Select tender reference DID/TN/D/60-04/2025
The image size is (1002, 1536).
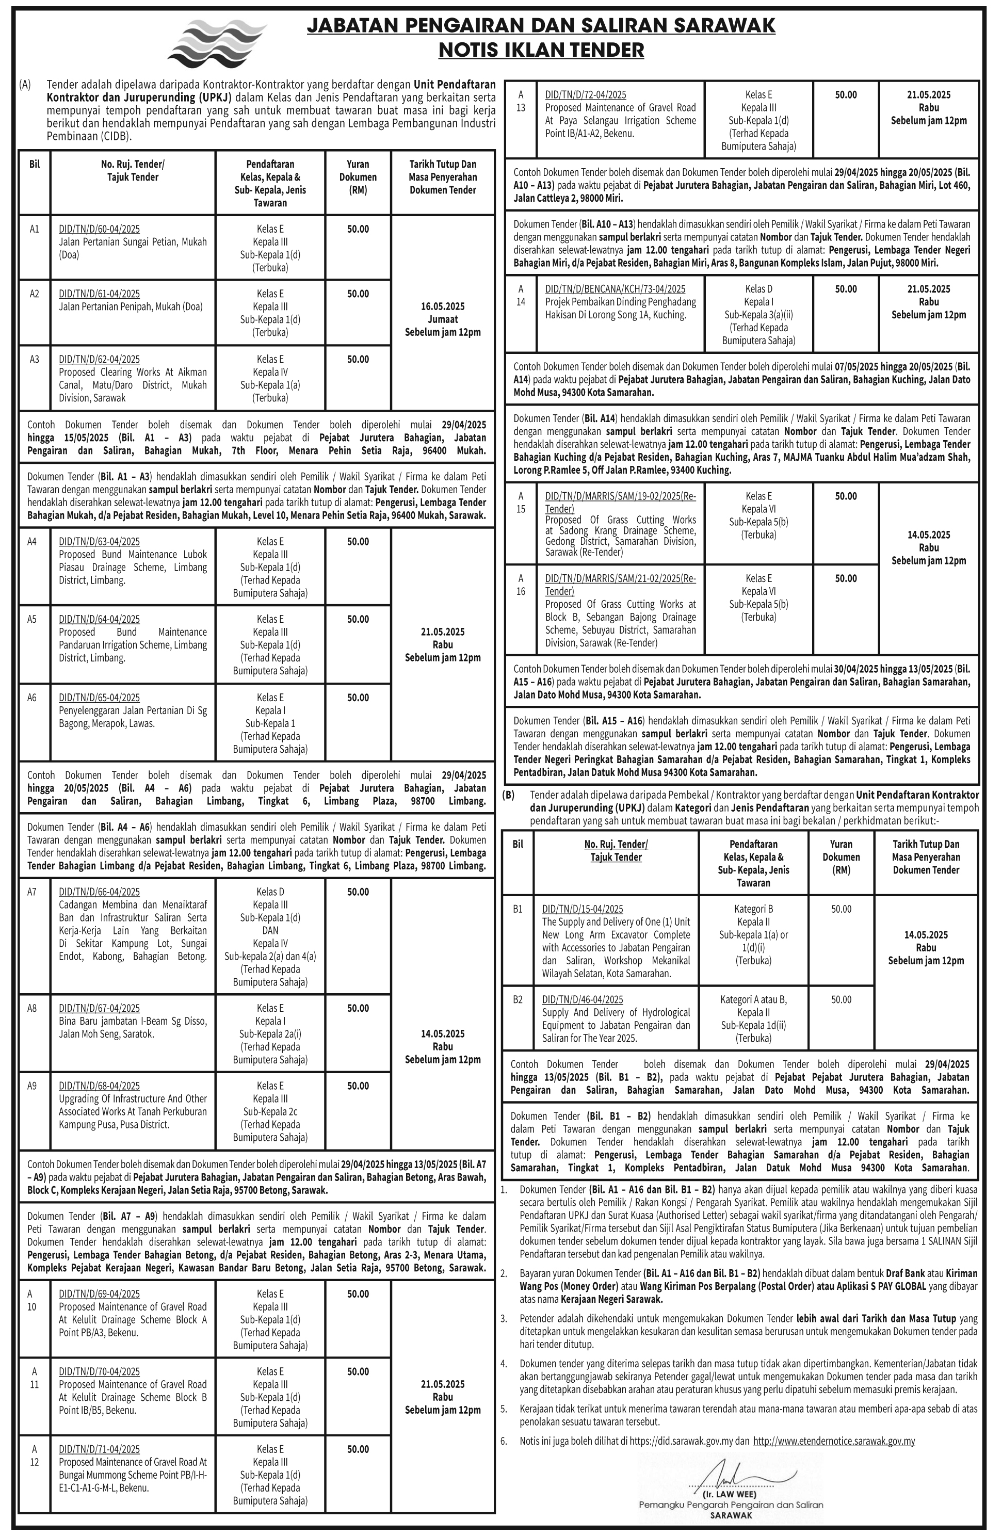[x=99, y=229]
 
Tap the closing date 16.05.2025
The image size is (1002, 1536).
[x=443, y=306]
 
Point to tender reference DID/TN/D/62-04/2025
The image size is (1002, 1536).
[x=99, y=360]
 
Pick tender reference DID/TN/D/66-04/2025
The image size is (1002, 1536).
[x=99, y=892]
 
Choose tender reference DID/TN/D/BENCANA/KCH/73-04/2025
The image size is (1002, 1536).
[x=615, y=289]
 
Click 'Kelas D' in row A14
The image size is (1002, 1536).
[x=759, y=289]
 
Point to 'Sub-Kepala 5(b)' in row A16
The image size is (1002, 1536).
[x=759, y=605]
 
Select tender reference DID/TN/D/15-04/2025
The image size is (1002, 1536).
[x=583, y=909]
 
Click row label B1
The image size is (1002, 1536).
[x=518, y=909]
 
